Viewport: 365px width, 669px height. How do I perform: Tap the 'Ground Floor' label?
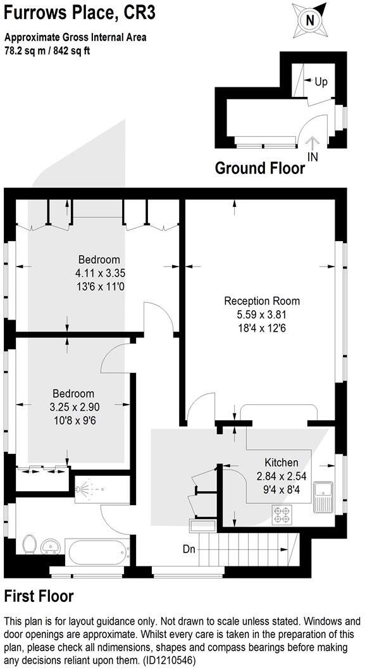[x=259, y=168]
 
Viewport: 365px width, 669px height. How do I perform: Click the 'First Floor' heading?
[x=39, y=596]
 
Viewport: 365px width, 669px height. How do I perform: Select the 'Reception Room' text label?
[x=262, y=301]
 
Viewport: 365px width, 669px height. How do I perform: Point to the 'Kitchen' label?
[x=281, y=463]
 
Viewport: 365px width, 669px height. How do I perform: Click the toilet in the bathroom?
[x=28, y=544]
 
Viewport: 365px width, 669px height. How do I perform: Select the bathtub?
[x=98, y=553]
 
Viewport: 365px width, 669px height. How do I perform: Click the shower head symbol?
[x=84, y=488]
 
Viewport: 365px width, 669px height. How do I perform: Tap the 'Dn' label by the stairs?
[x=189, y=549]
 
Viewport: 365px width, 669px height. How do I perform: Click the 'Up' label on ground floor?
[x=321, y=82]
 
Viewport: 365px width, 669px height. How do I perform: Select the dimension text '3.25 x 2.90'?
[x=73, y=406]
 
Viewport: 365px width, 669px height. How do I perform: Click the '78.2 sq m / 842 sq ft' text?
[x=47, y=51]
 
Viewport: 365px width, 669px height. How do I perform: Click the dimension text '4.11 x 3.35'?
[x=99, y=273]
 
